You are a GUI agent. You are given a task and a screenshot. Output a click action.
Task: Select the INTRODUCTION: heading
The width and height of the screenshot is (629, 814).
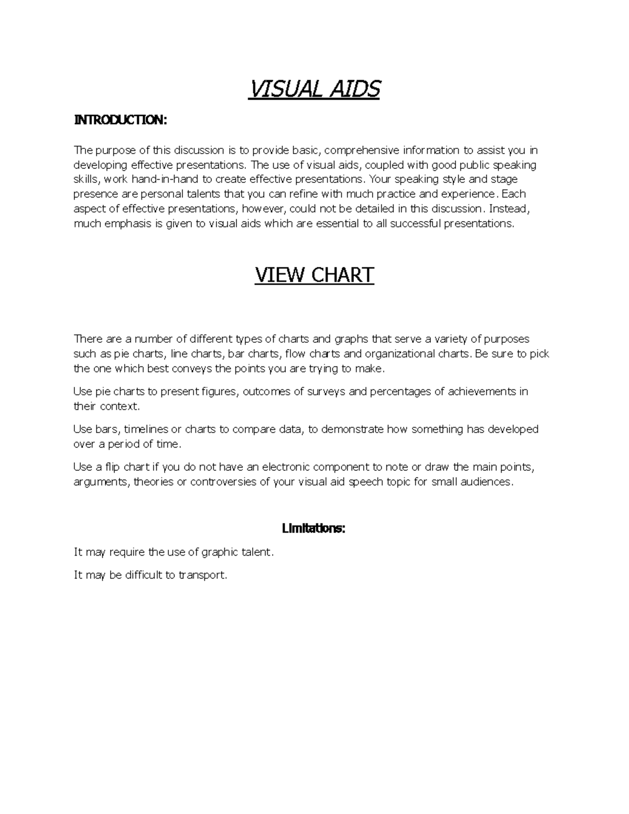click(x=120, y=121)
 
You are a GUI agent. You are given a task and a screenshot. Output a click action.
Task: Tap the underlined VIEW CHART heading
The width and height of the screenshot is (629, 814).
click(x=314, y=275)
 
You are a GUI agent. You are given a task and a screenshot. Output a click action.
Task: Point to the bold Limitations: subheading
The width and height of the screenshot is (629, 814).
click(x=313, y=528)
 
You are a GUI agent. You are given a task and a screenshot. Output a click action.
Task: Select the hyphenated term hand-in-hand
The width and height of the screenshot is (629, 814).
click(x=165, y=180)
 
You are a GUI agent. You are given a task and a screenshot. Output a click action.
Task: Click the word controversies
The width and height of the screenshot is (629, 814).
click(x=223, y=482)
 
